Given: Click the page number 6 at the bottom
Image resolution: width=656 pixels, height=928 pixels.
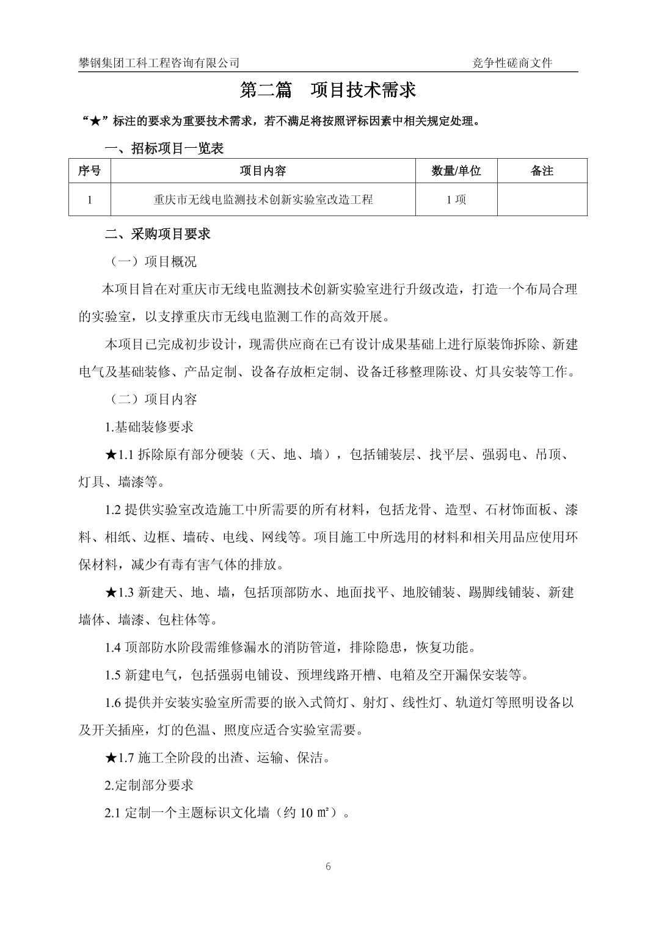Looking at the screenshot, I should (x=329, y=866).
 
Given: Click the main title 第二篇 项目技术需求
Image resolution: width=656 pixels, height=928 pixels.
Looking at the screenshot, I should (x=328, y=90).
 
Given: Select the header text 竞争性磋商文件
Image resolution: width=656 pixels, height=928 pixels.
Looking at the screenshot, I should (x=512, y=63).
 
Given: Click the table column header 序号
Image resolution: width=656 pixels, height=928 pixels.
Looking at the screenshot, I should (x=89, y=171).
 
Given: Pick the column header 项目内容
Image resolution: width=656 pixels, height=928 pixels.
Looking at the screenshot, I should (x=263, y=171).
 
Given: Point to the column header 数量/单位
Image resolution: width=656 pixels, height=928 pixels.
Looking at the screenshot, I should (x=456, y=171).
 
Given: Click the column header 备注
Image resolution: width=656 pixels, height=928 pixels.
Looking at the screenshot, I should (x=542, y=171).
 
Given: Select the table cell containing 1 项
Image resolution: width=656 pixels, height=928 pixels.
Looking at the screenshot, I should (x=456, y=200).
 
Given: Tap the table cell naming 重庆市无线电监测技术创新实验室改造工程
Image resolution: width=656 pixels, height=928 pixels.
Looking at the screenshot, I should (x=263, y=200).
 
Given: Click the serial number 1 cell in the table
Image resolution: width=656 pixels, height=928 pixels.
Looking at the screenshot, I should (x=90, y=200).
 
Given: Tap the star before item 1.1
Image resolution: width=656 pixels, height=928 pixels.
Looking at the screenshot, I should (x=111, y=455).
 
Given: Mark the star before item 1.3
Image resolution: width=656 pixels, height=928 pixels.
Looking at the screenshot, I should (x=111, y=592).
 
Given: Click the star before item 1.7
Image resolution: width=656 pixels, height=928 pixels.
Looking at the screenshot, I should (x=111, y=758).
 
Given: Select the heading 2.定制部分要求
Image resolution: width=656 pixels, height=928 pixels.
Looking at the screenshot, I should (x=149, y=785).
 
